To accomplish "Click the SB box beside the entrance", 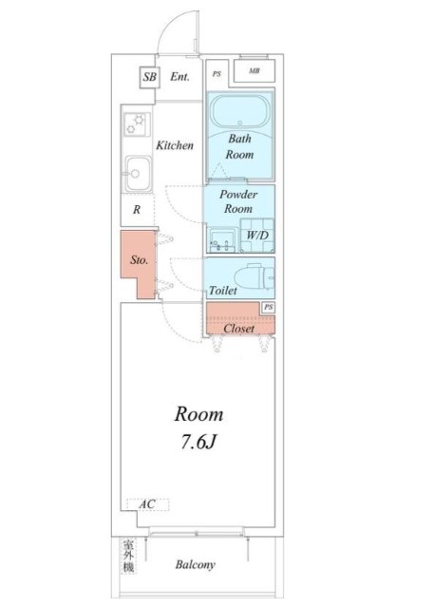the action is pos(149,77).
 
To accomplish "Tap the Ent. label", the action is pos(179,77).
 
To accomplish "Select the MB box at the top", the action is pos(254,71).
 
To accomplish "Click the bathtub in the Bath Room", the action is pos(240,111).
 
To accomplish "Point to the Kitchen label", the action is pos(175,145).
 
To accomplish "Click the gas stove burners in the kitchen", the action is pos(137,124).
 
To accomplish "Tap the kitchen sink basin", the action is pos(138,174).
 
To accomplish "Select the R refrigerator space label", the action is pos(137,210).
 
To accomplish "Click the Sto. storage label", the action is pos(139,259).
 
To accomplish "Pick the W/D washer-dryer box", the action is pos(257,236).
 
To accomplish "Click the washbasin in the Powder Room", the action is pos(222,240).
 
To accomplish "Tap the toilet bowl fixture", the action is pos(254,277).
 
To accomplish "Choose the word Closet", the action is pos(239,329).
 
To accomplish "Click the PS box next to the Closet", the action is pos(269,308).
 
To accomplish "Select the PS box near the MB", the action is pos(216,73).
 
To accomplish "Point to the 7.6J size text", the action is pos(198,442).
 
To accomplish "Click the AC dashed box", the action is pos(148,504).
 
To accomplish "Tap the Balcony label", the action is pos(195,565).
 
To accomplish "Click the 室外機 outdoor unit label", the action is pos(129,557).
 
